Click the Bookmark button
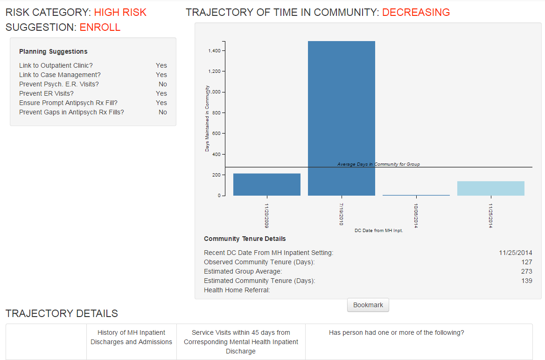[368, 305]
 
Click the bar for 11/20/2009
[266, 184]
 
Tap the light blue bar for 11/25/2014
[490, 188]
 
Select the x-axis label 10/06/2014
[416, 215]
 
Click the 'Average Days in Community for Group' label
[378, 164]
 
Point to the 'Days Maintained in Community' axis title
[207, 118]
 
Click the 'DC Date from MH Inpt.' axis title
[378, 231]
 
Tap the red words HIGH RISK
[120, 13]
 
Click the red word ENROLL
[100, 28]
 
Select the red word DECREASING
[416, 13]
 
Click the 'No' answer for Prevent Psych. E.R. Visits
[162, 84]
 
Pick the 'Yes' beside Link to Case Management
[161, 75]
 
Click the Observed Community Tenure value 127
[526, 262]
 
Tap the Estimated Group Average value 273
[526, 271]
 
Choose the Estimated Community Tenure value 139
[526, 281]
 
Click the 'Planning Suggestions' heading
[53, 51]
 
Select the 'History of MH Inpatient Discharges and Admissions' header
[131, 337]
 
